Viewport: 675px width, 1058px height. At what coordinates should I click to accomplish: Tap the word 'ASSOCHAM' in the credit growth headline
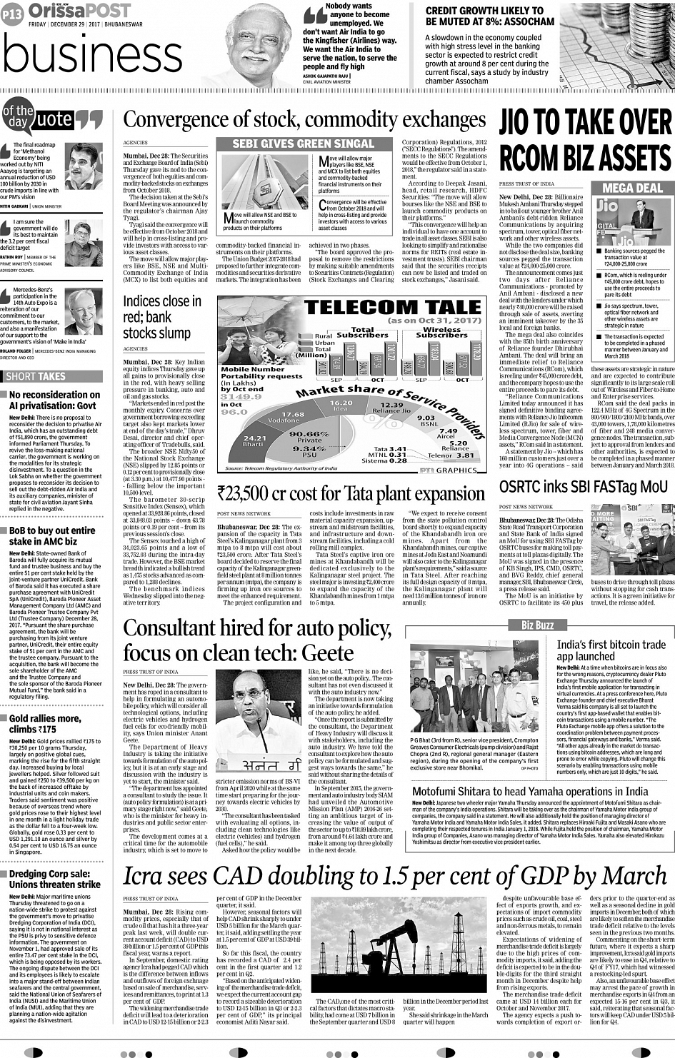pos(524,21)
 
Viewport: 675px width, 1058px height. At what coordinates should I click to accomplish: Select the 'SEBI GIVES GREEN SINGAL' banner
pos(304,143)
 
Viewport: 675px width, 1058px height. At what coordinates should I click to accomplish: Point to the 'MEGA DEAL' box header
pos(631,188)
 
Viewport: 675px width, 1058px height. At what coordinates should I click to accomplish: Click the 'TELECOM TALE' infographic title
pos(393,307)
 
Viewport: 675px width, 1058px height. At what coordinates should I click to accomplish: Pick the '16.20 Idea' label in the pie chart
pos(341,405)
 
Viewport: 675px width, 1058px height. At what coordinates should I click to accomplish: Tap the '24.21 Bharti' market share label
pos(254,441)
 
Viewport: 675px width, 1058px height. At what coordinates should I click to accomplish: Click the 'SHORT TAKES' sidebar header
pos(36,376)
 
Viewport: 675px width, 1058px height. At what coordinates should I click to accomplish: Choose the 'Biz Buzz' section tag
pos(537,625)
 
